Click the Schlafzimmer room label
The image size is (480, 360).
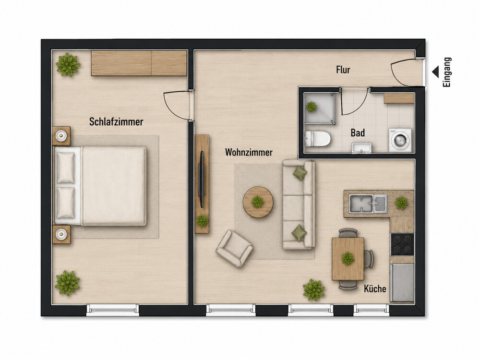[x=116, y=122]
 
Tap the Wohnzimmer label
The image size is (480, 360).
[x=249, y=153]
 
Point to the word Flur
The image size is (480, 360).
[x=343, y=70]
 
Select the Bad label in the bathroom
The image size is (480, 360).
[x=358, y=133]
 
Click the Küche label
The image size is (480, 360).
[x=375, y=288]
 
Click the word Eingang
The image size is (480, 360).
[x=447, y=72]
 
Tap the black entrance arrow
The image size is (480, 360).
[x=435, y=72]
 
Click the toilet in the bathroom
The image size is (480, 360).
[x=318, y=138]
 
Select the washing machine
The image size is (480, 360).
[x=400, y=140]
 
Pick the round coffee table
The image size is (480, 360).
[x=258, y=202]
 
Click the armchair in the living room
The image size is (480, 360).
[x=234, y=249]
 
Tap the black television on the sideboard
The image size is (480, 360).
[x=202, y=180]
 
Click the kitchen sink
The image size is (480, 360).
[x=368, y=204]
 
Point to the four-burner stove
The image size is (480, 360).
[x=402, y=244]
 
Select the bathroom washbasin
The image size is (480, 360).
[x=361, y=148]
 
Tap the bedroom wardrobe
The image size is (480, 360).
[x=139, y=63]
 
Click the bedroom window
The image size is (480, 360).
[x=113, y=310]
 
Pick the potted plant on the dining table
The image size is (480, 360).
[x=348, y=258]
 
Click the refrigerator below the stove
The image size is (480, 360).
[x=402, y=282]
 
